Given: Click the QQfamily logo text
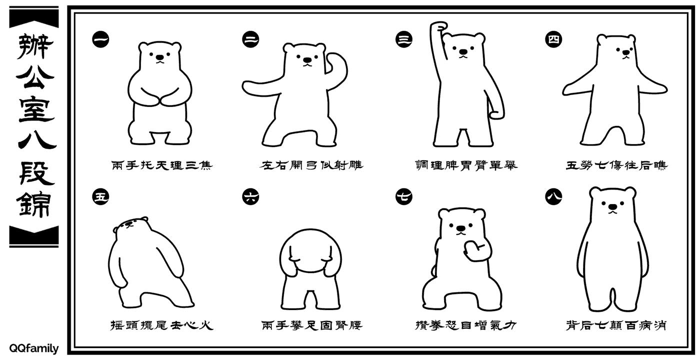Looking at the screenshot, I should point(33,348).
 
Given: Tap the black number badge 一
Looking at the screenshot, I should point(100,38).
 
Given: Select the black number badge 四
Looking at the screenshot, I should point(553,38).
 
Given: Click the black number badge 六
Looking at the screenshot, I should point(250,196).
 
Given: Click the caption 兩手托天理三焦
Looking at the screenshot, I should point(161,165).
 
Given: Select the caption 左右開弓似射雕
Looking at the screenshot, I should point(312,165).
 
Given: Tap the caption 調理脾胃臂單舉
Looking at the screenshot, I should point(466,165).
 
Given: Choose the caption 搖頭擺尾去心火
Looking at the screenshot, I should point(161,325).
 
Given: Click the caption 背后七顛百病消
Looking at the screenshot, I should point(616,325).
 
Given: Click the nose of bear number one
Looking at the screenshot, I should point(160,57).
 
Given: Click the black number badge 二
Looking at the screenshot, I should point(250,38).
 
